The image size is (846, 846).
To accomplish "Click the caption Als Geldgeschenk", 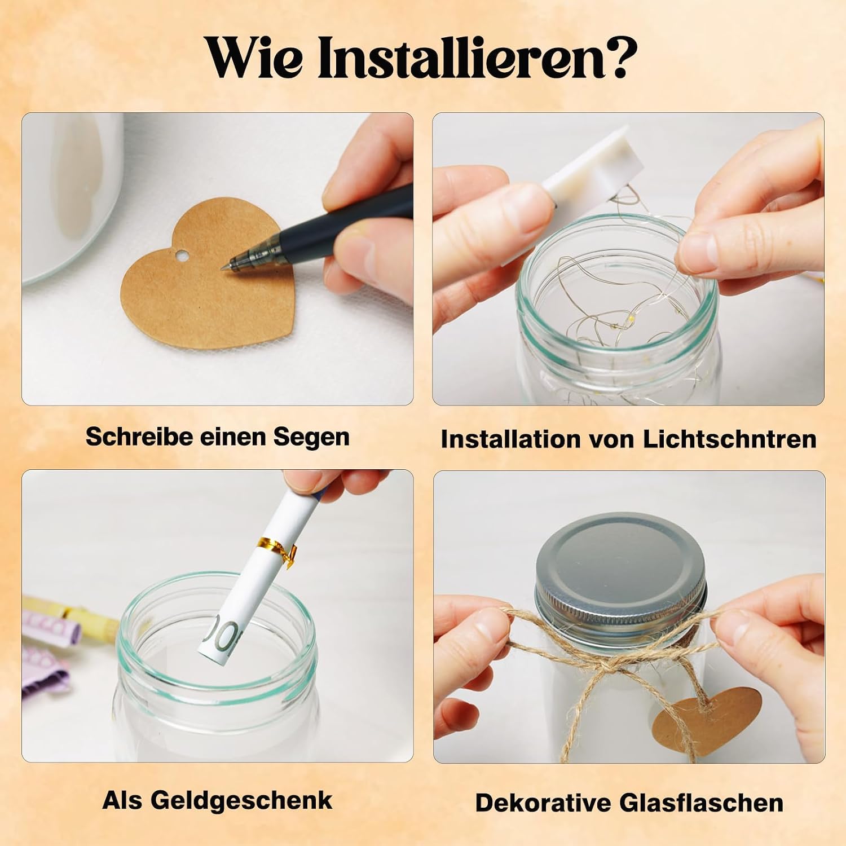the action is [218, 800].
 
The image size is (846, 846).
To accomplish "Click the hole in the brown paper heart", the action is [180, 258].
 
